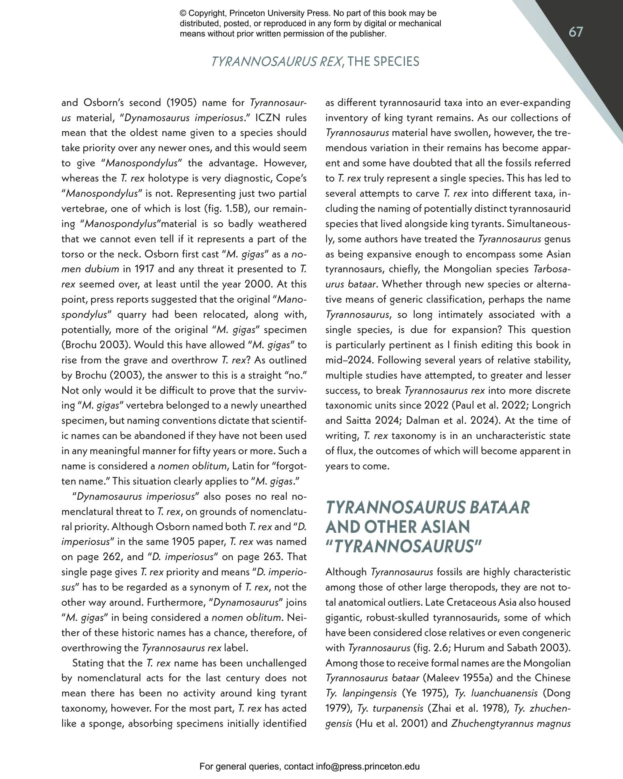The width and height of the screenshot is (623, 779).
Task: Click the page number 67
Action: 576,32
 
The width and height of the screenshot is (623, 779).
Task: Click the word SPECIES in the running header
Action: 396,62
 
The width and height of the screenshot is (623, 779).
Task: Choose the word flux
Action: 345,451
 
